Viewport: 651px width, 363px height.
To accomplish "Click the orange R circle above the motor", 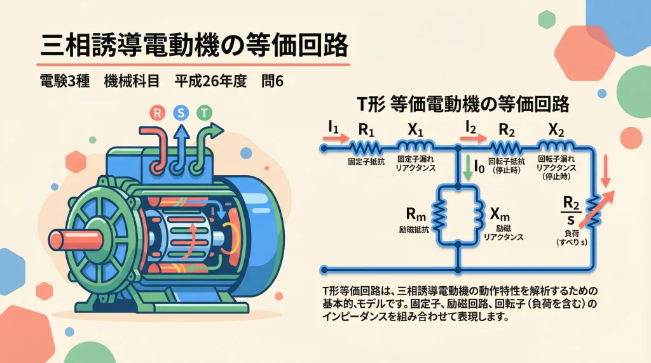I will coord(156,114).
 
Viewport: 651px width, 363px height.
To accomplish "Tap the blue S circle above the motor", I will coord(180,114).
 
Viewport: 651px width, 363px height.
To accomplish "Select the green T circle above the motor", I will coord(203,114).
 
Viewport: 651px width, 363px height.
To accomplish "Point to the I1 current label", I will coord(332,127).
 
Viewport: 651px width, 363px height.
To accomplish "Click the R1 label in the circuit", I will coord(367,129).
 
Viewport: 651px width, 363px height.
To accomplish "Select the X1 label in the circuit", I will coord(415,129).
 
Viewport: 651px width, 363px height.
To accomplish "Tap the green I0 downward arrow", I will coord(469,168).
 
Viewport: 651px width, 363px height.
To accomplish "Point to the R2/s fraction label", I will coord(570,209).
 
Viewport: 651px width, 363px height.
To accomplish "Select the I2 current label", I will coord(471,127).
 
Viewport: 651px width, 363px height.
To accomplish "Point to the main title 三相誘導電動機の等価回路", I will coord(194,46).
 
